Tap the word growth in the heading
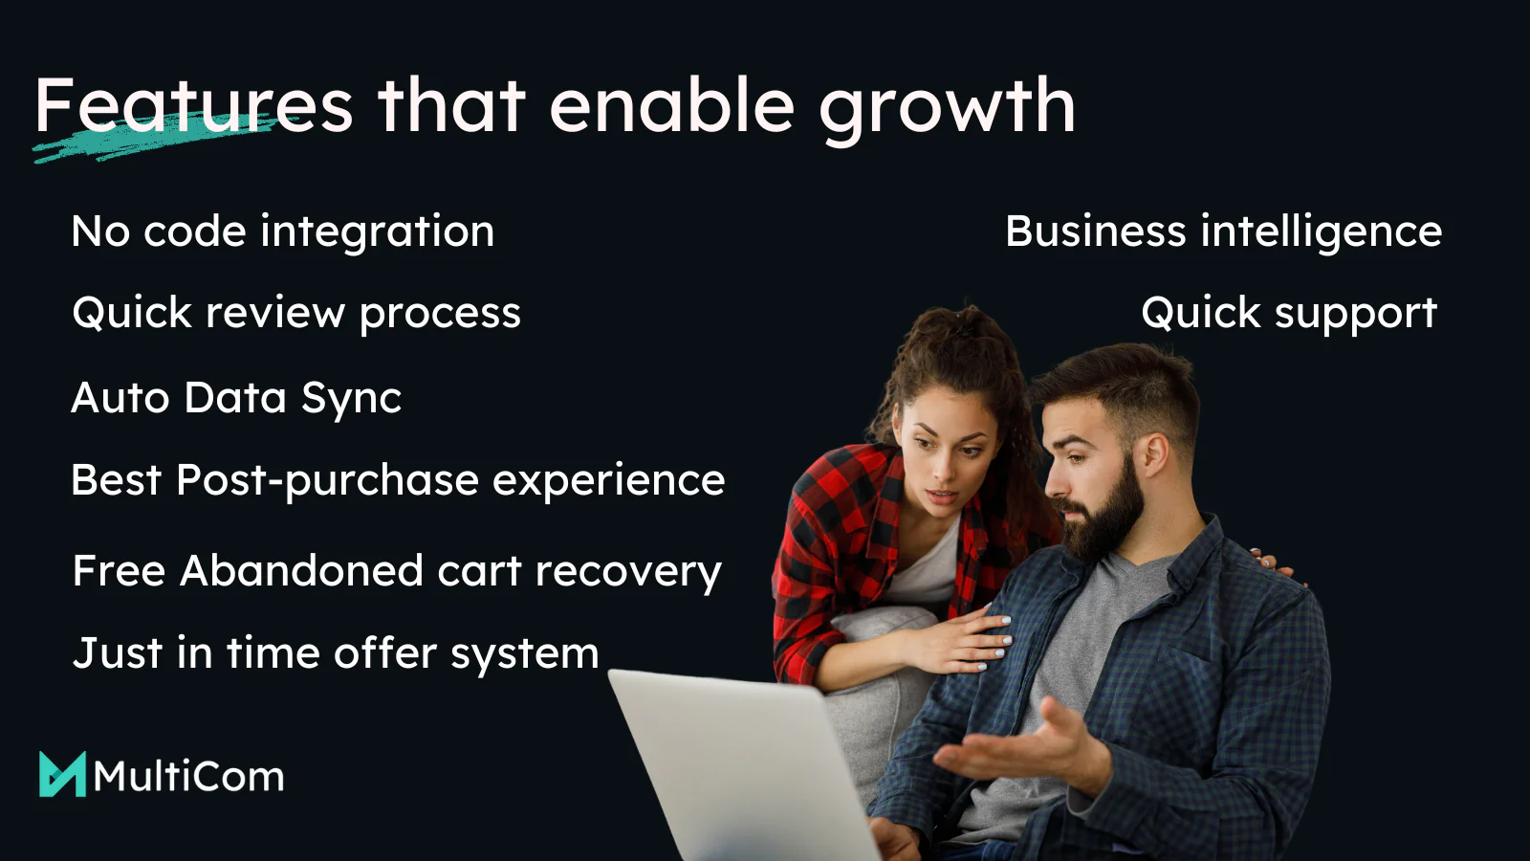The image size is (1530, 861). click(x=947, y=109)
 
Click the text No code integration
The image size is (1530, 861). click(x=283, y=231)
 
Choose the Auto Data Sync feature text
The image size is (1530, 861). click(x=236, y=398)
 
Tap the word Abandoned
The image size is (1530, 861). click(x=301, y=570)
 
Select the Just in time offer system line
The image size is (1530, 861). click(x=336, y=654)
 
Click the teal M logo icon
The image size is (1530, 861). click(x=63, y=774)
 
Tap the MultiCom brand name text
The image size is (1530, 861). click(x=188, y=776)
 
